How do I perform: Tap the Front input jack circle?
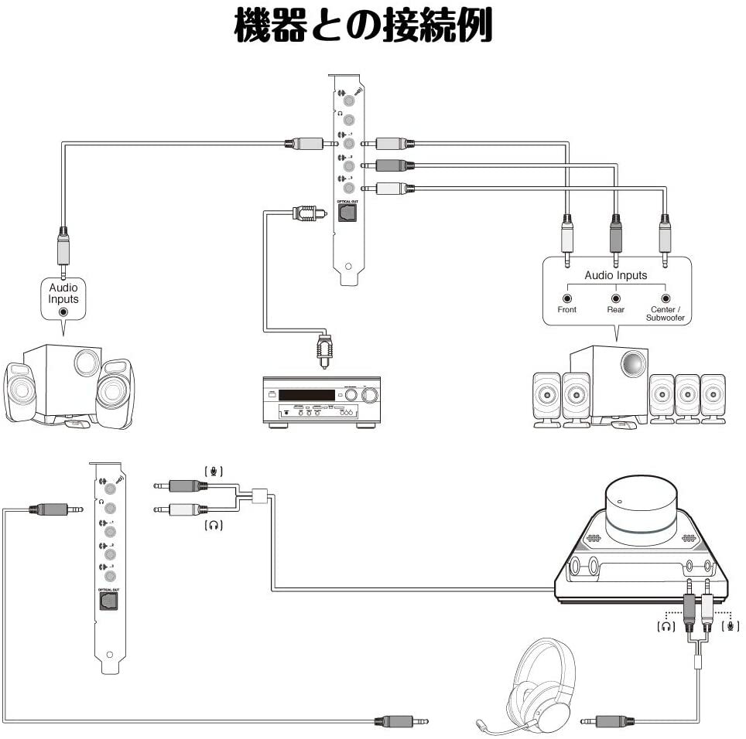[567, 298]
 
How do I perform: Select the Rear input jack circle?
[616, 298]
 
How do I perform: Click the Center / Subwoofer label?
[665, 313]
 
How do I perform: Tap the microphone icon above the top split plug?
[214, 470]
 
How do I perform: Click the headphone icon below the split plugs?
[214, 526]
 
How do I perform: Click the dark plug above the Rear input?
[616, 237]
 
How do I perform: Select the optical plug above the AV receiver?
[324, 351]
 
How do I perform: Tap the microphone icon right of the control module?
[728, 626]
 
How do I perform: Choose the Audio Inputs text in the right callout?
[616, 275]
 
